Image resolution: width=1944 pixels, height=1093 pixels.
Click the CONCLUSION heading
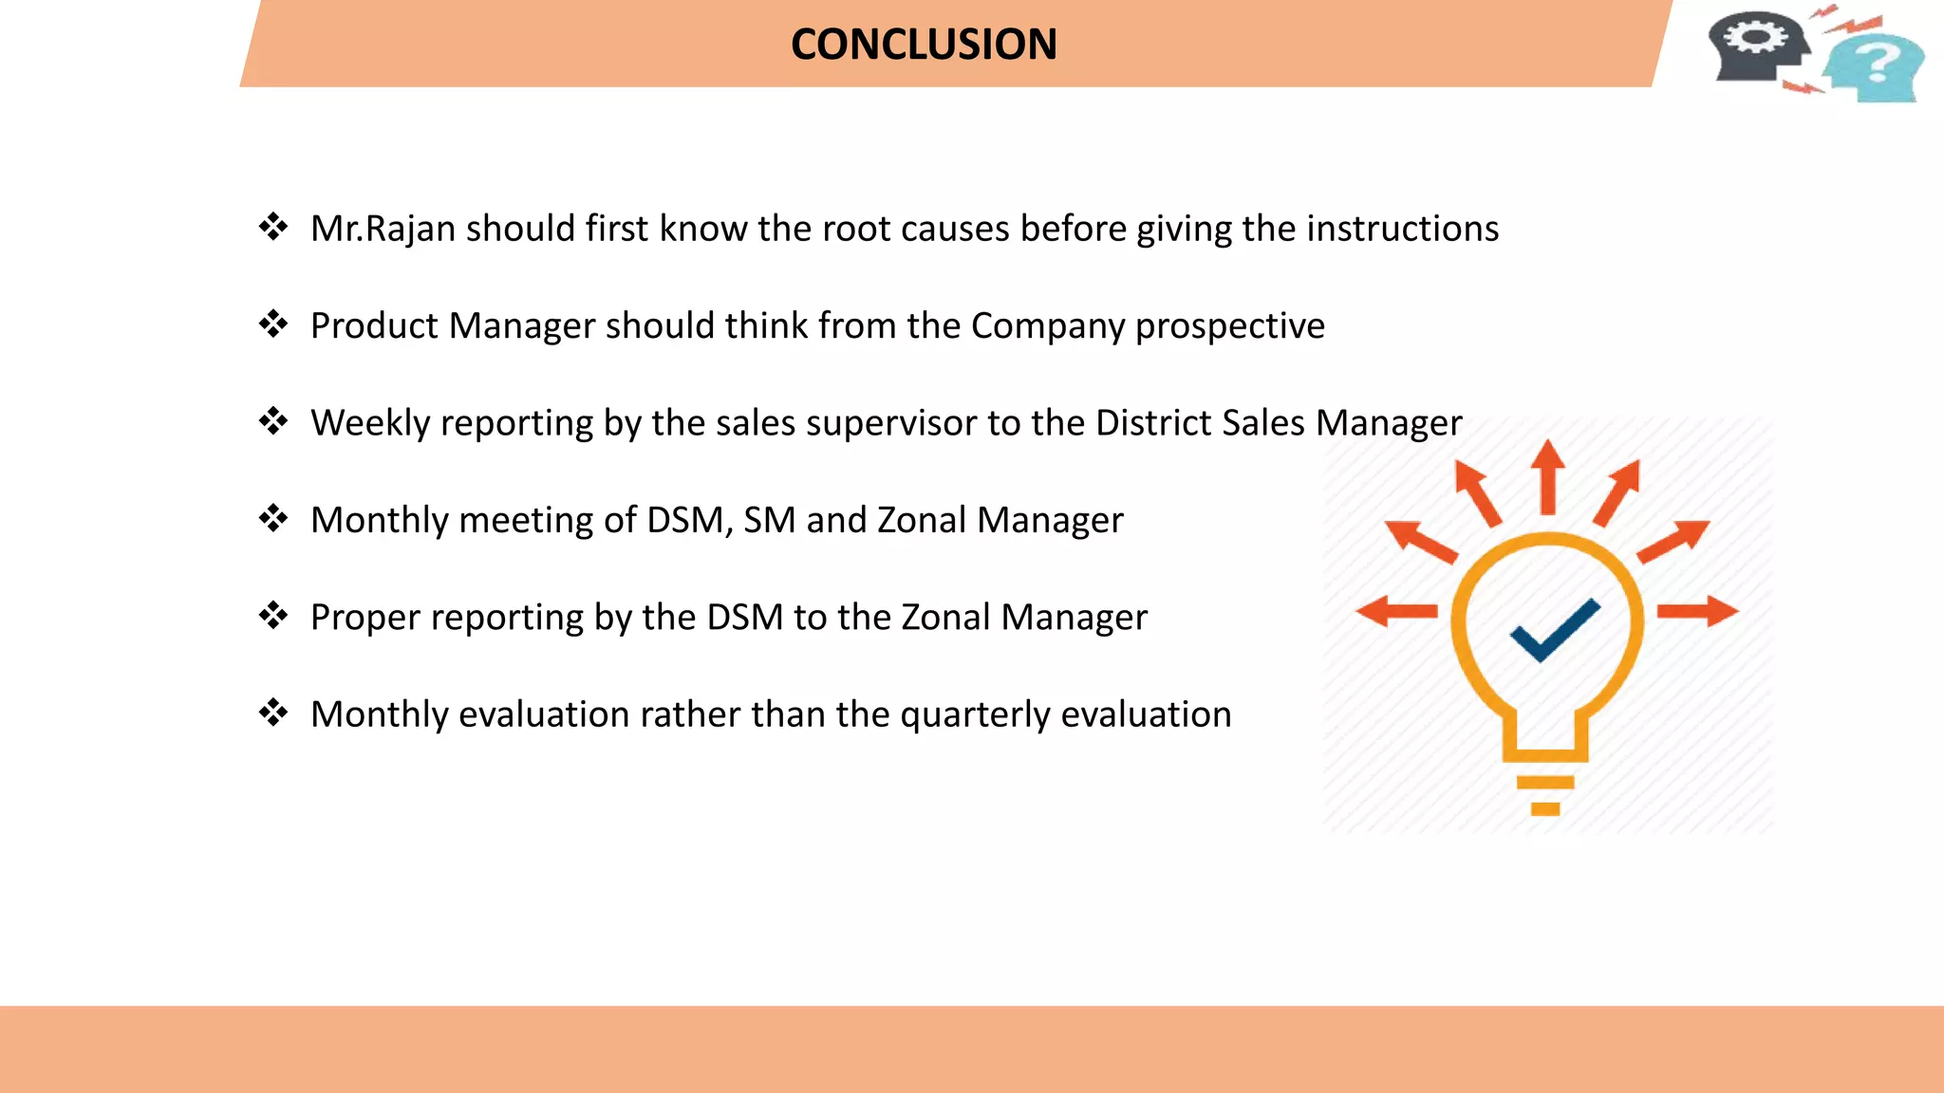coord(924,45)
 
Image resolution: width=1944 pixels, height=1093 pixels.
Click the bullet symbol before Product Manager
coord(273,324)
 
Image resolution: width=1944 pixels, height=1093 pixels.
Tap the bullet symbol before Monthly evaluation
coord(273,713)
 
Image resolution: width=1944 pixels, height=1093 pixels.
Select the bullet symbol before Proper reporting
coord(273,616)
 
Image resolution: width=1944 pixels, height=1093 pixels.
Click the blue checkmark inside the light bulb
coord(1554,630)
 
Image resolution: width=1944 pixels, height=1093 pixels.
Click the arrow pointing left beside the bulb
coord(1396,612)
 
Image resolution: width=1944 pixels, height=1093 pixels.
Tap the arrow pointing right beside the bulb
coord(1698,612)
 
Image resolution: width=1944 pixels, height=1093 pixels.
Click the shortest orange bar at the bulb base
coord(1545,809)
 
